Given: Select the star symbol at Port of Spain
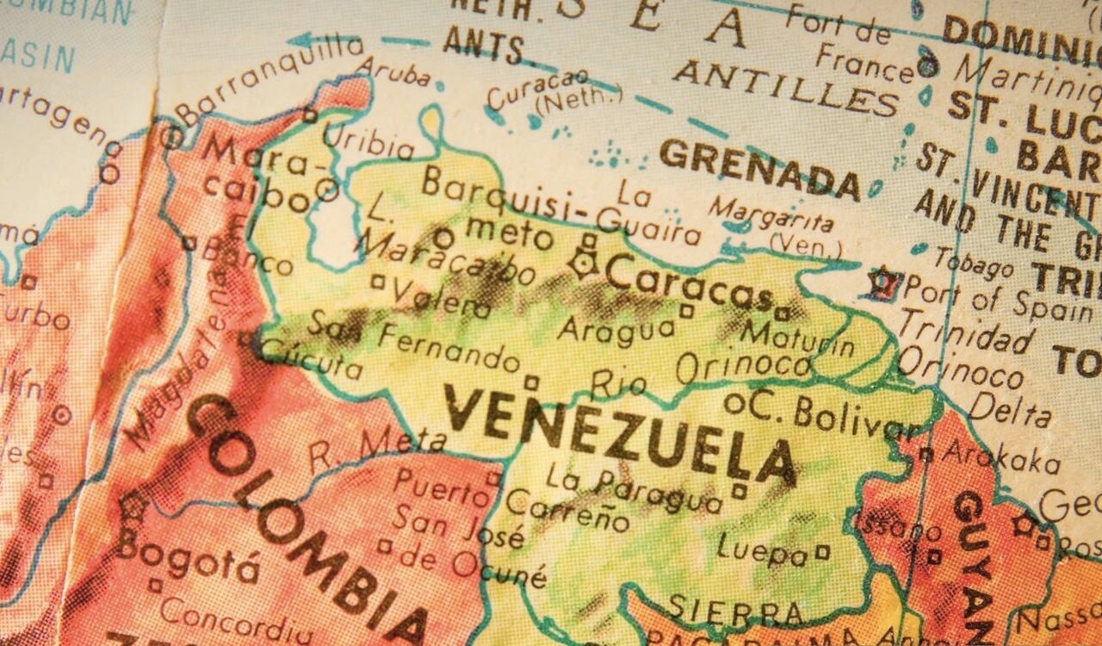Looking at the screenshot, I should (883, 282).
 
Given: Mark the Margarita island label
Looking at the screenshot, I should (771, 214).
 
